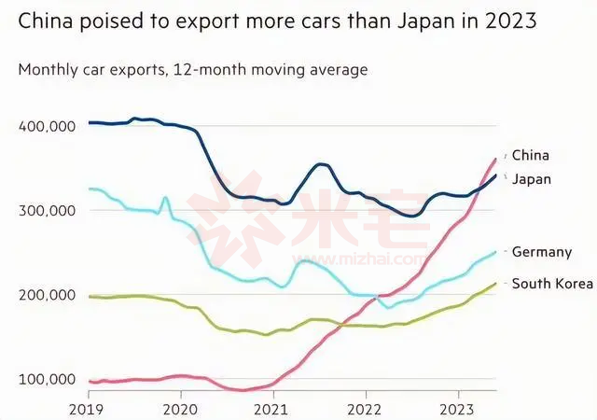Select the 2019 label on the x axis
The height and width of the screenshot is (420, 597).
(89, 408)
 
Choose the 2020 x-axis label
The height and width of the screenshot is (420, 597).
(181, 408)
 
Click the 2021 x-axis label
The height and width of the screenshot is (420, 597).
(272, 408)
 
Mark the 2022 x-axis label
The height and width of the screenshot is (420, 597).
(365, 408)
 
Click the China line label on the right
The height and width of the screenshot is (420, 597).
(531, 155)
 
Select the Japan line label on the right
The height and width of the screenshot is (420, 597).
(532, 178)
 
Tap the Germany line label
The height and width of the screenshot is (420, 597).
(542, 252)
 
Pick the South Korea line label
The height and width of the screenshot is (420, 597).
(552, 284)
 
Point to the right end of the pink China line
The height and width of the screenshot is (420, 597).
(495, 160)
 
